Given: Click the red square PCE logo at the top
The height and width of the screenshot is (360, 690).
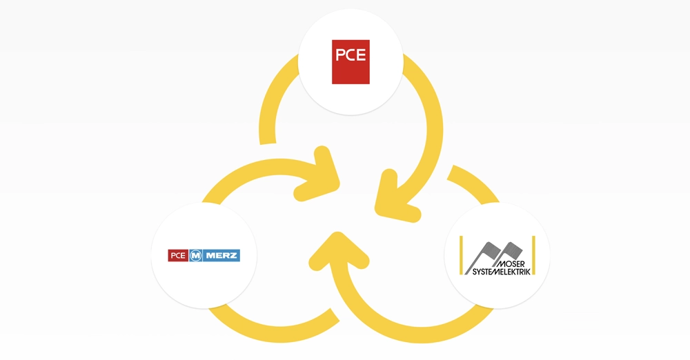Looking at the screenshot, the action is (351, 61).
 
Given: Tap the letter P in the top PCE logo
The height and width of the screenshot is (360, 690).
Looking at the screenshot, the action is (339, 54).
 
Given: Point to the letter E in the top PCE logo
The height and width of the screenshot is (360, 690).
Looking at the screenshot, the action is (362, 54).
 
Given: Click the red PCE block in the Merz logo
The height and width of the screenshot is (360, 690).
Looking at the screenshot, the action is (178, 256).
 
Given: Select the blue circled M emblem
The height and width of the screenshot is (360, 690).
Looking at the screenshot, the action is (196, 256).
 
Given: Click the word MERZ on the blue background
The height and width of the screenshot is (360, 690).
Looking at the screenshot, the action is (221, 256).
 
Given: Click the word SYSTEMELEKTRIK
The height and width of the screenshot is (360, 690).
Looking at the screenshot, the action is (501, 272).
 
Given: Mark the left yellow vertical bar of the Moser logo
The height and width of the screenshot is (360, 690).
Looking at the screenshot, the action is (461, 255).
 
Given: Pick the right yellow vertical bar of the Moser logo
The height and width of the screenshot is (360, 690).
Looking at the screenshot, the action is (534, 255).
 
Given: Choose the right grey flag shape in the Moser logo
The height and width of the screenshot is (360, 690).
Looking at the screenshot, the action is (511, 251).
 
